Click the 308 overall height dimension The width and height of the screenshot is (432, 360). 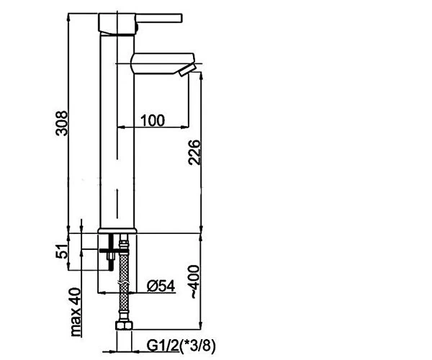[x=61, y=123]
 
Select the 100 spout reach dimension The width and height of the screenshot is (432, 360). [x=153, y=121]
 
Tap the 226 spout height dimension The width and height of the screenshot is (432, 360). [x=194, y=153]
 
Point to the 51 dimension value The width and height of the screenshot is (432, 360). [x=61, y=251]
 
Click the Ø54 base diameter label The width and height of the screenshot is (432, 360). [x=161, y=286]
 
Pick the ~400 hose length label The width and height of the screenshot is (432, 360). [x=194, y=282]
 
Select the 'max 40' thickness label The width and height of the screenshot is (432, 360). [x=76, y=312]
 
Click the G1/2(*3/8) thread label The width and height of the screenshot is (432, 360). [x=181, y=346]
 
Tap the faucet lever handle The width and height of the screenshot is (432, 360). [x=158, y=18]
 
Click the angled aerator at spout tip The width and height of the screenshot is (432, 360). [x=187, y=71]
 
